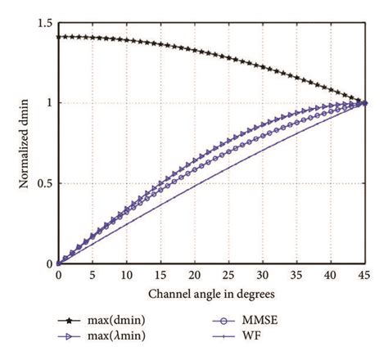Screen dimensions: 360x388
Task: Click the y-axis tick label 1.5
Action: coord(43,22)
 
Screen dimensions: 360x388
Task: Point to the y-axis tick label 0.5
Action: coord(43,183)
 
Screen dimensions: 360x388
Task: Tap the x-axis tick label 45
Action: coord(365,278)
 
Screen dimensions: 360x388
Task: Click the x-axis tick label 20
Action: coord(194,278)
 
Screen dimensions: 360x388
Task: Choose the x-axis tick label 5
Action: coord(92,278)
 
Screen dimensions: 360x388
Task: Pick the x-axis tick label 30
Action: coord(263,278)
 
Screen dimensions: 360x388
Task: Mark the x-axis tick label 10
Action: coord(126,278)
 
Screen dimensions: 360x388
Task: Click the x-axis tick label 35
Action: coord(297,278)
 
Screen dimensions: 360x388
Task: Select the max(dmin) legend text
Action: coord(123,323)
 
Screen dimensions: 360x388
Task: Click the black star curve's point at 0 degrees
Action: coord(58,37)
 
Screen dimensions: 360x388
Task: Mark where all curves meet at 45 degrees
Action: coord(365,103)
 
